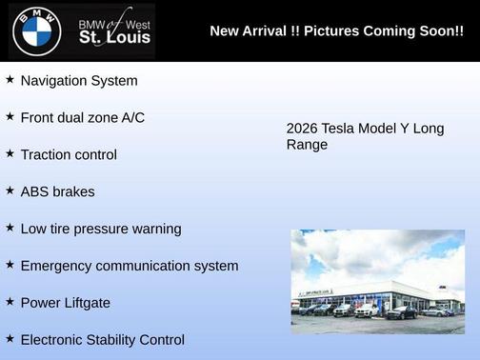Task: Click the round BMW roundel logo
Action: point(36,31)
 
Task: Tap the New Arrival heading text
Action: point(336,31)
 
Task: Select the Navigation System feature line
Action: point(79,81)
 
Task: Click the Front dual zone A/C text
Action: point(83,118)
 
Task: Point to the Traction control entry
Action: point(69,154)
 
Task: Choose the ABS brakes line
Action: point(57,191)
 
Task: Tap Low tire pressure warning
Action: point(101,229)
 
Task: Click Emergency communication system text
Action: point(130,266)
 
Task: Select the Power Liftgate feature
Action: point(66,303)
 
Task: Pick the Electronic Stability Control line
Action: point(103,339)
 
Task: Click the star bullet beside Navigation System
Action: point(10,80)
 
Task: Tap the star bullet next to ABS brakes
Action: point(10,190)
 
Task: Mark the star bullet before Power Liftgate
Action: point(10,302)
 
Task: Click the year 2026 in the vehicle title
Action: point(303,129)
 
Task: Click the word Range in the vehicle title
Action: point(307,145)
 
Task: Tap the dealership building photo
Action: point(378,281)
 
